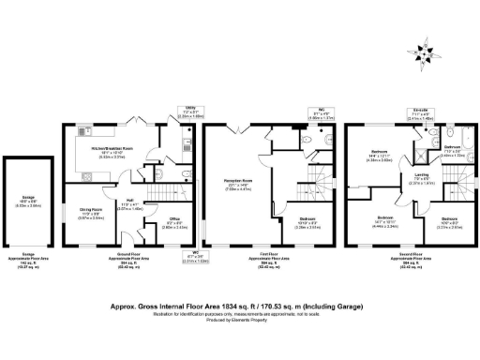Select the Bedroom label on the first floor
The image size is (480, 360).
point(307,222)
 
